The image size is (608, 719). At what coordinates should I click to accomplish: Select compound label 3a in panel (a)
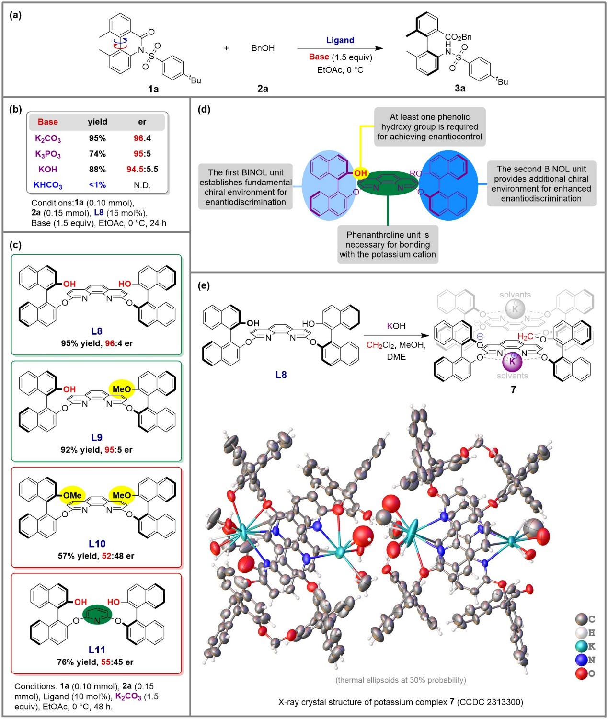[460, 88]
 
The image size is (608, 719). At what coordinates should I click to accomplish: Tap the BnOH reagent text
[263, 48]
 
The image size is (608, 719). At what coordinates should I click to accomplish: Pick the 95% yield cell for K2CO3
[97, 138]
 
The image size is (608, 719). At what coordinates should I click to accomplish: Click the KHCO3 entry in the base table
[48, 185]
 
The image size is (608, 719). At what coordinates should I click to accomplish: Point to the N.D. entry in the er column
[142, 185]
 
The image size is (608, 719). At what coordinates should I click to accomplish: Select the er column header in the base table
[142, 122]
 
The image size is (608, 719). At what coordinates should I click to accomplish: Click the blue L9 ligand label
[97, 437]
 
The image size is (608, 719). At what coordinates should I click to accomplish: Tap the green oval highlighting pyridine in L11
[97, 615]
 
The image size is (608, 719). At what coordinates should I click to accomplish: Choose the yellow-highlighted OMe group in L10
[72, 495]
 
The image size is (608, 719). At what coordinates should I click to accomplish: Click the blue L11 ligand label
[97, 650]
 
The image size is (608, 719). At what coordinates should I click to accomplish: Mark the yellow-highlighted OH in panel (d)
[360, 173]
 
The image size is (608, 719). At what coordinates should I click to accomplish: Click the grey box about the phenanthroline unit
[388, 245]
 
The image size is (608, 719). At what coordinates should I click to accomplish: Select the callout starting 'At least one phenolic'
[430, 127]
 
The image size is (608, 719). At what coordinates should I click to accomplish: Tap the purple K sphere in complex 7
[512, 362]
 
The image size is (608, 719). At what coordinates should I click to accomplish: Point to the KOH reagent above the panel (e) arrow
[396, 326]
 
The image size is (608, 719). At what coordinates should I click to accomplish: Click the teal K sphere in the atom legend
[581, 647]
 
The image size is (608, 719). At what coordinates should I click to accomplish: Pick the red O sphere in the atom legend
[581, 673]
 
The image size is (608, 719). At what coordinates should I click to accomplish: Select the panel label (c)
[15, 245]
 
